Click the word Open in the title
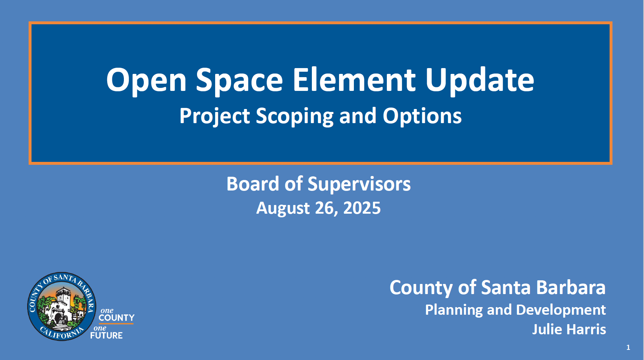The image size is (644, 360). [146, 80]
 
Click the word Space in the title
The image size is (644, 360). [239, 80]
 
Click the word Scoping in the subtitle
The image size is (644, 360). [294, 117]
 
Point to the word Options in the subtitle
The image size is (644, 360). [422, 117]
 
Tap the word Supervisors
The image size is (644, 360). [359, 185]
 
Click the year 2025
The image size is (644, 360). [362, 208]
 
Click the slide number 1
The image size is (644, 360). [628, 347]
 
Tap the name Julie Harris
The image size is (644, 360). [569, 330]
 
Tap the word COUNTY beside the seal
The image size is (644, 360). [116, 318]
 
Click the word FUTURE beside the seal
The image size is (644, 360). [106, 336]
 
